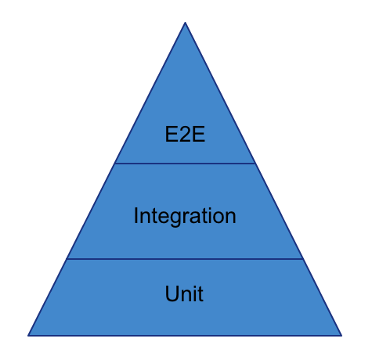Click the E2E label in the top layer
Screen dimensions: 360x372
[185, 134]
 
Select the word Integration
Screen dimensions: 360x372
[185, 215]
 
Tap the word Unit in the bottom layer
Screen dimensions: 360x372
[185, 294]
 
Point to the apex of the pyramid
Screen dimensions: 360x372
[185, 23]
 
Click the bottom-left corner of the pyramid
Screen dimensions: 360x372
[28, 335]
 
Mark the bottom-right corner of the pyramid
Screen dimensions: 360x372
[341, 335]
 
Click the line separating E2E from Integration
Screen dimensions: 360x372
[185, 164]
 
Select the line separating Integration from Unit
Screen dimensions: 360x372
[185, 258]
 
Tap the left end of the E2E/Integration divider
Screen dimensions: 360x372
[114, 164]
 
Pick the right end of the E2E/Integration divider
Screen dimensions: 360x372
[255, 164]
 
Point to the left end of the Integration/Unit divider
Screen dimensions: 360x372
[67, 258]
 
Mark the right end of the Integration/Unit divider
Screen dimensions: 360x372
[303, 258]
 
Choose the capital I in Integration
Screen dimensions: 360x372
[136, 215]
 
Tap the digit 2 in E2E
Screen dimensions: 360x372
[185, 134]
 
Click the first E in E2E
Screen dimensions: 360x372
[171, 134]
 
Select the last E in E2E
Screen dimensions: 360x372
[199, 134]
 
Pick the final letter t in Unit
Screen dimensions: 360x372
[200, 294]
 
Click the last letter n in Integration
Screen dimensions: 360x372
[230, 216]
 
